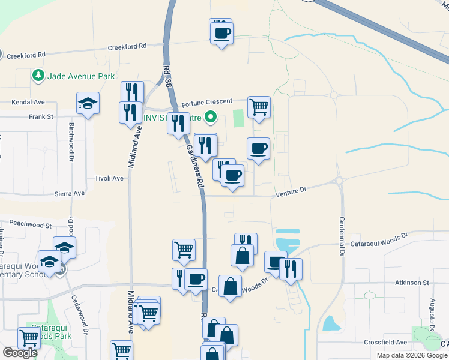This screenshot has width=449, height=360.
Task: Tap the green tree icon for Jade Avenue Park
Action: coord(38,76)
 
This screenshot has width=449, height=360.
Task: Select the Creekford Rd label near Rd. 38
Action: coord(127,46)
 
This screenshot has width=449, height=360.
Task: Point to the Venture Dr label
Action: coord(291,190)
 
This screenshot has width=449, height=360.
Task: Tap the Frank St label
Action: coord(41,116)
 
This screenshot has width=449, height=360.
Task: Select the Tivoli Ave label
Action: coord(109,178)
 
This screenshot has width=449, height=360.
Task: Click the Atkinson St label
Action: coord(412,282)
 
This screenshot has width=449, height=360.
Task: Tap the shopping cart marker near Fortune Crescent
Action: coord(259,107)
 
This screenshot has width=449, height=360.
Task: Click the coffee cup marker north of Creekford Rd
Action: coord(221,31)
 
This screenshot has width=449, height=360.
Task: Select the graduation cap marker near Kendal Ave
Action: coord(88,104)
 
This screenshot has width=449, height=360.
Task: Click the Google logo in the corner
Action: coord(20,353)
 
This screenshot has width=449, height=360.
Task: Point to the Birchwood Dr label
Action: coord(71,139)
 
